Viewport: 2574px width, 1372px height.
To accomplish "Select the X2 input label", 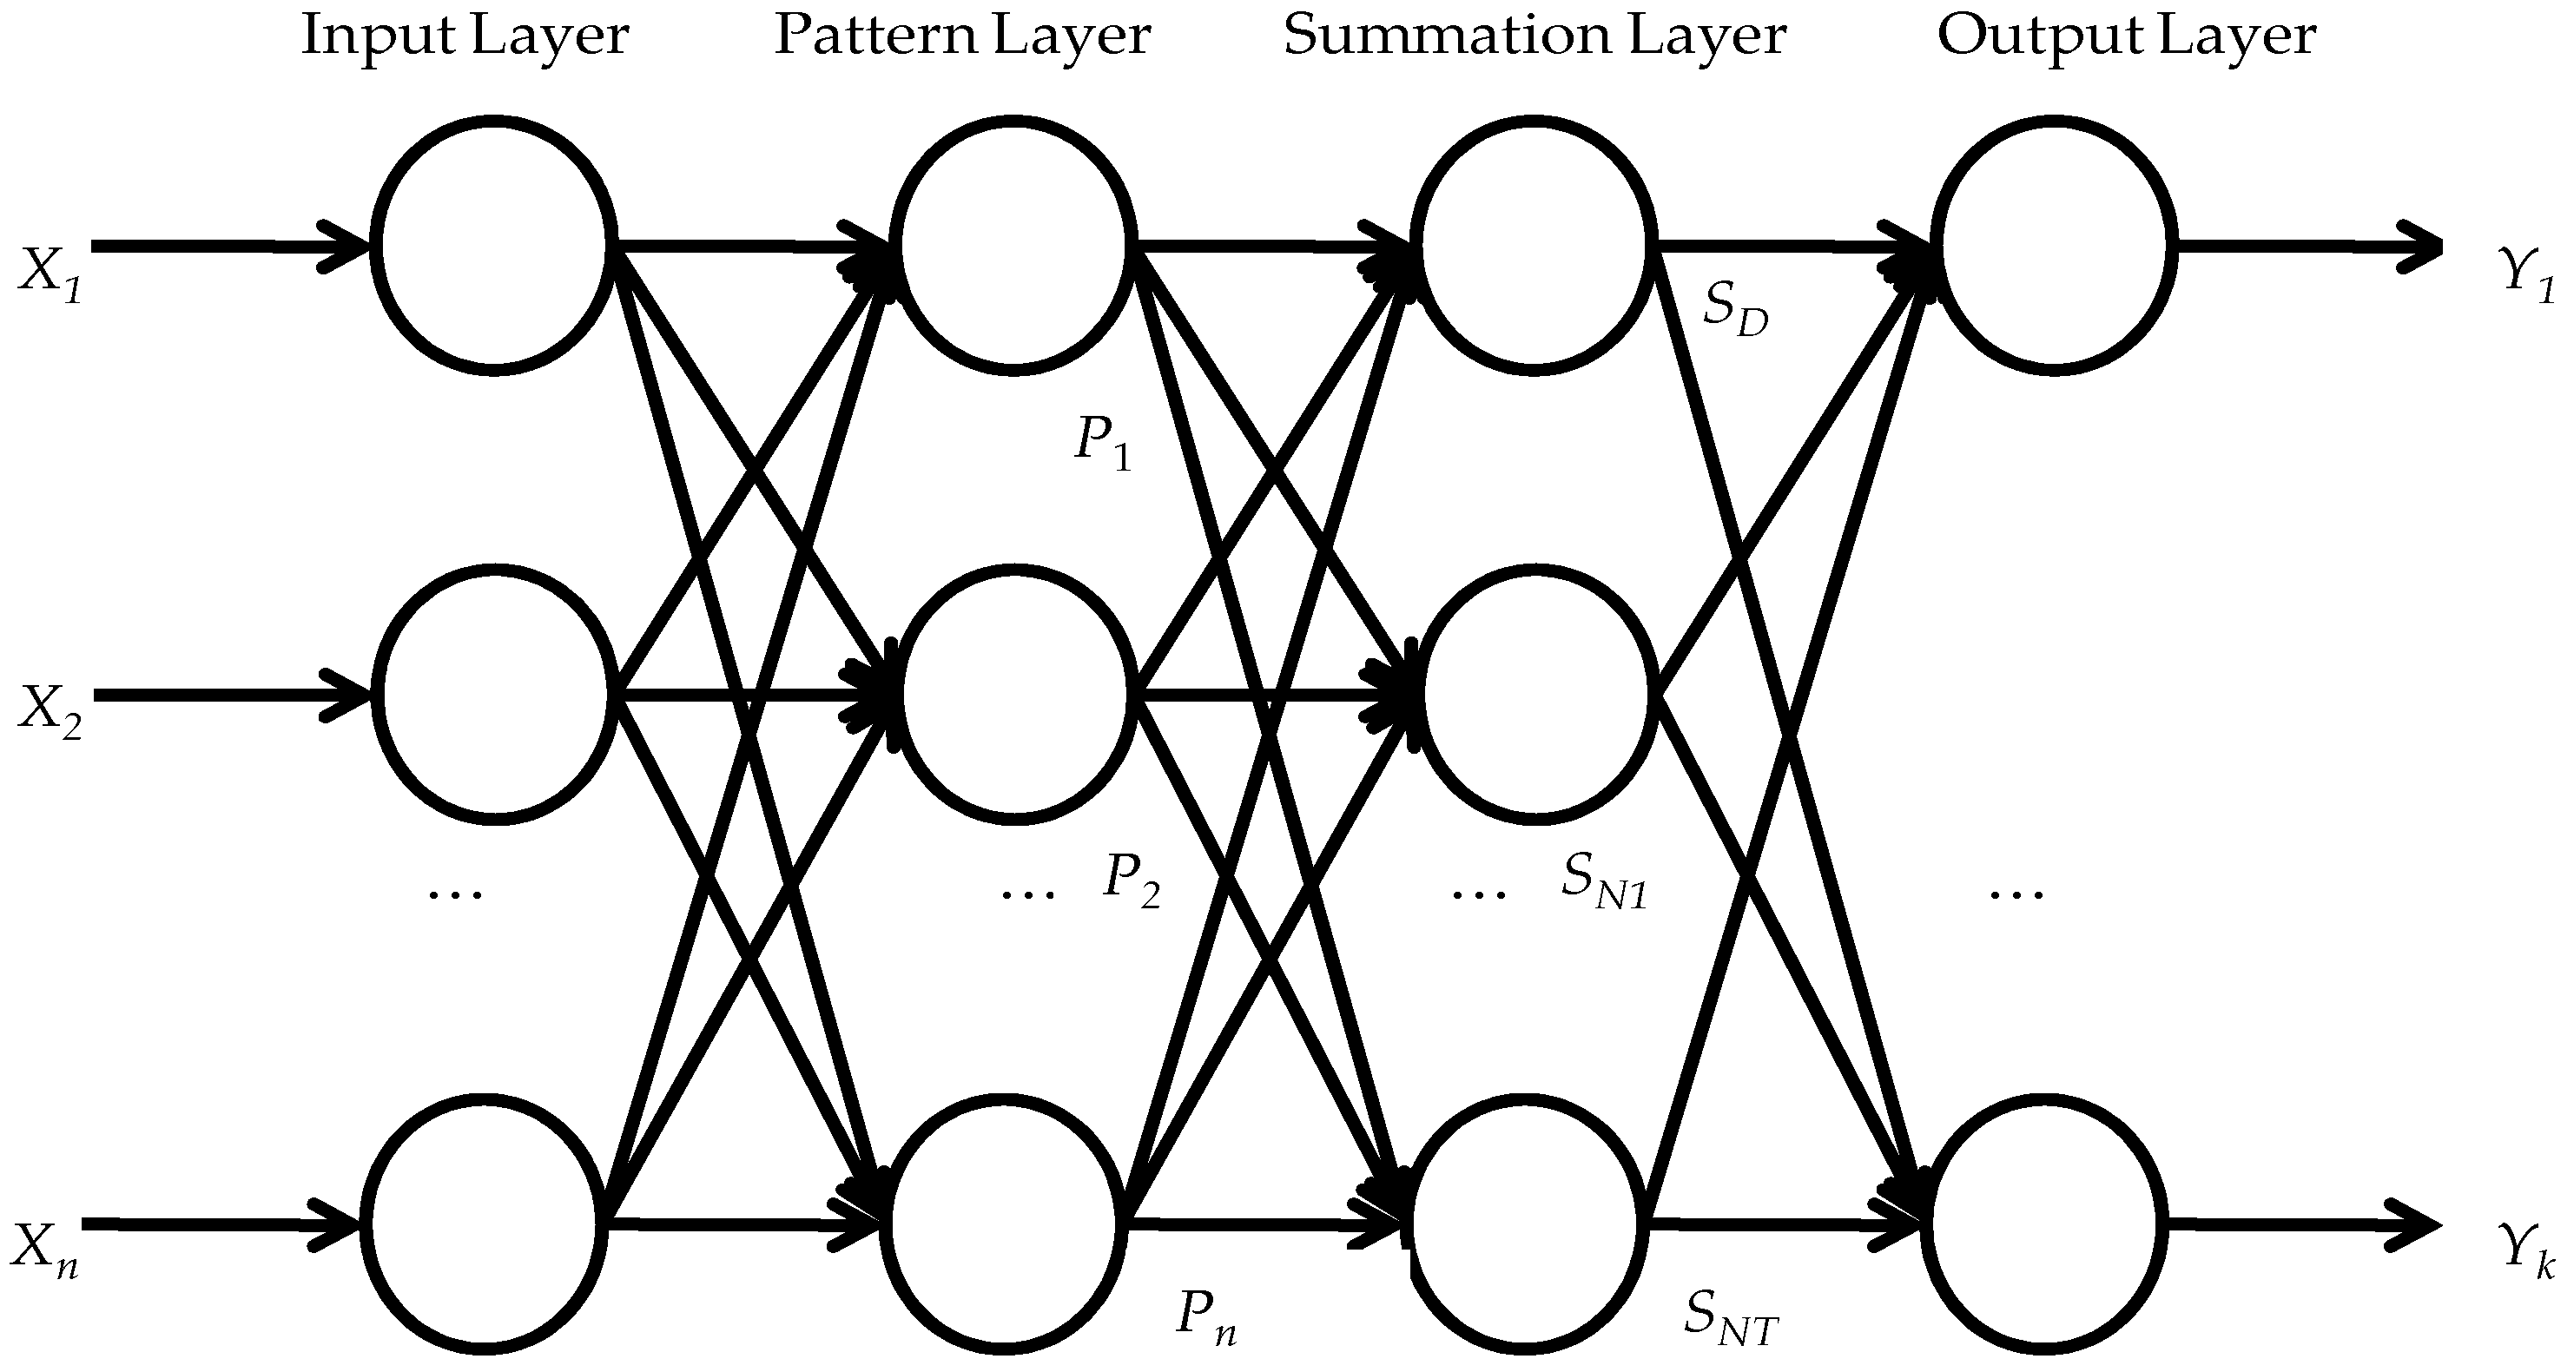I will [x=50, y=711].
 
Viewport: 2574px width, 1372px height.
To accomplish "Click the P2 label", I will [x=1132, y=880].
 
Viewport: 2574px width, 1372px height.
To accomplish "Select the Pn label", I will [x=1206, y=1316].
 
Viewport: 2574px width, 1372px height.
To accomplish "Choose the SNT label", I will [x=1731, y=1318].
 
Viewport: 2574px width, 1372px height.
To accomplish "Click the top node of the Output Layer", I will [x=2055, y=245].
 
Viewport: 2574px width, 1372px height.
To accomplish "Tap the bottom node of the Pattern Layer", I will [x=1004, y=1224].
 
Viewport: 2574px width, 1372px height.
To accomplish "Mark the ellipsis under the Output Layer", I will [x=2016, y=893].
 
